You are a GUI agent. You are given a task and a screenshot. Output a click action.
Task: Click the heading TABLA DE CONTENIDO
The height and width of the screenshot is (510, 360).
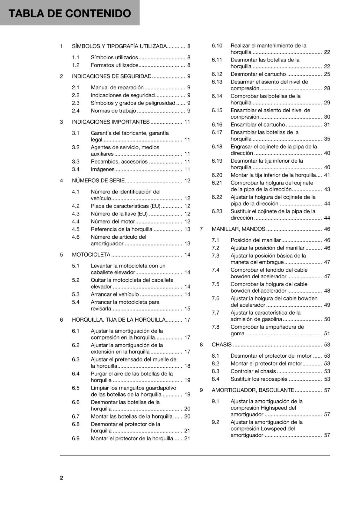point(69,13)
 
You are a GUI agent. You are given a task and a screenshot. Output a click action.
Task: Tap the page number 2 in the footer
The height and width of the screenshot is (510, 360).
point(61,477)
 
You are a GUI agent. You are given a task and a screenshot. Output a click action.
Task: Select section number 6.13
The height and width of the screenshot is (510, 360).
point(217,82)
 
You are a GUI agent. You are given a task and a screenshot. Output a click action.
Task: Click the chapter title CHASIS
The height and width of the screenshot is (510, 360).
point(221,345)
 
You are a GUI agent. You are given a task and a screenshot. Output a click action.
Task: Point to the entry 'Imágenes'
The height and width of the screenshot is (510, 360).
point(103,170)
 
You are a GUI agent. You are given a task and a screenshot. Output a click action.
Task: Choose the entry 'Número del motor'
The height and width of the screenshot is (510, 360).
point(113,222)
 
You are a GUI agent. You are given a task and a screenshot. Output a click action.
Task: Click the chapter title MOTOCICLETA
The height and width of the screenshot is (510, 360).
point(91,255)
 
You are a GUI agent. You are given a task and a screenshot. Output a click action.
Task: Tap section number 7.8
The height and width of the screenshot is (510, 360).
point(216,327)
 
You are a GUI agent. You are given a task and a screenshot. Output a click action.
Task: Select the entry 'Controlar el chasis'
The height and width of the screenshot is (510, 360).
point(253,371)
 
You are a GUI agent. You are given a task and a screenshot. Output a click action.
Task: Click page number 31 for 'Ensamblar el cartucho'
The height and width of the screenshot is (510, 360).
point(327,125)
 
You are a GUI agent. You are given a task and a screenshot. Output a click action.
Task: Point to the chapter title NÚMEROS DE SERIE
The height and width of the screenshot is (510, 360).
point(98,181)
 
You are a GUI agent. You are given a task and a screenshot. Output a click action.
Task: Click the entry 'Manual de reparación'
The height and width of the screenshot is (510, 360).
point(117,88)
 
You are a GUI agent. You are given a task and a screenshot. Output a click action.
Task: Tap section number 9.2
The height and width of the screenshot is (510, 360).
point(216,422)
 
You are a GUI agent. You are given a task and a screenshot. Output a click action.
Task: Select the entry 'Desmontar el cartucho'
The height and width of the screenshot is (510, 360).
point(258,74)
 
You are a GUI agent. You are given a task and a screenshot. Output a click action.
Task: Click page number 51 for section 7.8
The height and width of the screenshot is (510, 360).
point(327,334)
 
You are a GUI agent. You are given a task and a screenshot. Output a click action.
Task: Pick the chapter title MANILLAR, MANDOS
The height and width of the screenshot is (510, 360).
point(238,229)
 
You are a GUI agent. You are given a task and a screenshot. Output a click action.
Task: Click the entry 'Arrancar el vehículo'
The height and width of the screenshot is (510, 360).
point(115,295)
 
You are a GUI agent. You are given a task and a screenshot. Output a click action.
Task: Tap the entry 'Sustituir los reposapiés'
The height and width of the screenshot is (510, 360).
point(259,379)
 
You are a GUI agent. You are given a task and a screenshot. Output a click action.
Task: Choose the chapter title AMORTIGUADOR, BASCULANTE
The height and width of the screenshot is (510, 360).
point(253,390)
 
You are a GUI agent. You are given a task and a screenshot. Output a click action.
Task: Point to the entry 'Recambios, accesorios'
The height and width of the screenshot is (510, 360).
point(119,162)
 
